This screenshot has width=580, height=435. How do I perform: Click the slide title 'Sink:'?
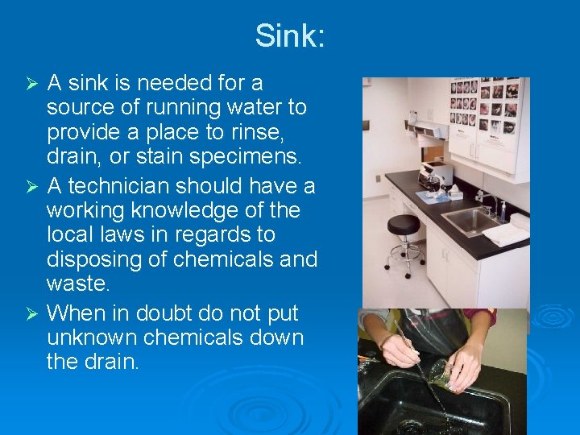coord(290,35)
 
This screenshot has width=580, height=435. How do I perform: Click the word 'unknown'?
coord(94,338)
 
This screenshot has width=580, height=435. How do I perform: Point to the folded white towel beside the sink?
coord(505,234)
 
